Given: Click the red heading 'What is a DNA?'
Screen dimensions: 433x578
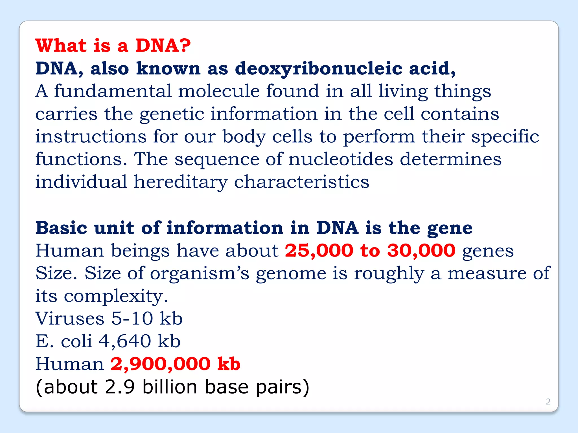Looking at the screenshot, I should click(x=113, y=45).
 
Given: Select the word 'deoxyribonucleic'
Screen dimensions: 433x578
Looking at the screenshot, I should click(x=319, y=69).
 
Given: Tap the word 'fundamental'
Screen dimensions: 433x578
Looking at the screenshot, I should click(x=113, y=91).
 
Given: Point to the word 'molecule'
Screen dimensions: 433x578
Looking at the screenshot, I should click(x=219, y=91).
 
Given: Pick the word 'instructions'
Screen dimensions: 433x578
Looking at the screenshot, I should click(x=91, y=137).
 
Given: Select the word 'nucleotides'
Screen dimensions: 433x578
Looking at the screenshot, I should click(x=341, y=159).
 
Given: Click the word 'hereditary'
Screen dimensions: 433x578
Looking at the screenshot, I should click(x=181, y=182).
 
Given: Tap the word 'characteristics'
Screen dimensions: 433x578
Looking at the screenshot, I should click(x=301, y=182).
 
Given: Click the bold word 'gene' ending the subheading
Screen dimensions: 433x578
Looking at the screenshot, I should click(x=450, y=228).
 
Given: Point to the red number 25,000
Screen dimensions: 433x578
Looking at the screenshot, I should click(x=319, y=251).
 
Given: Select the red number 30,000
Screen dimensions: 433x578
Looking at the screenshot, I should click(x=421, y=251).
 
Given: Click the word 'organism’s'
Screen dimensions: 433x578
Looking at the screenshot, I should click(x=200, y=273).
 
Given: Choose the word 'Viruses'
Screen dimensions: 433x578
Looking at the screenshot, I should click(x=70, y=319).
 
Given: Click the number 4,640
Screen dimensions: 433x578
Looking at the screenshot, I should click(x=125, y=341).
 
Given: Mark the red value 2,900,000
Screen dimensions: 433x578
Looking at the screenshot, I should click(x=160, y=364).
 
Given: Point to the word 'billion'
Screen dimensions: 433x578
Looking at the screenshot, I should click(x=170, y=387).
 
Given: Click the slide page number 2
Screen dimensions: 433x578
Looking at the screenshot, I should click(x=548, y=401).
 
